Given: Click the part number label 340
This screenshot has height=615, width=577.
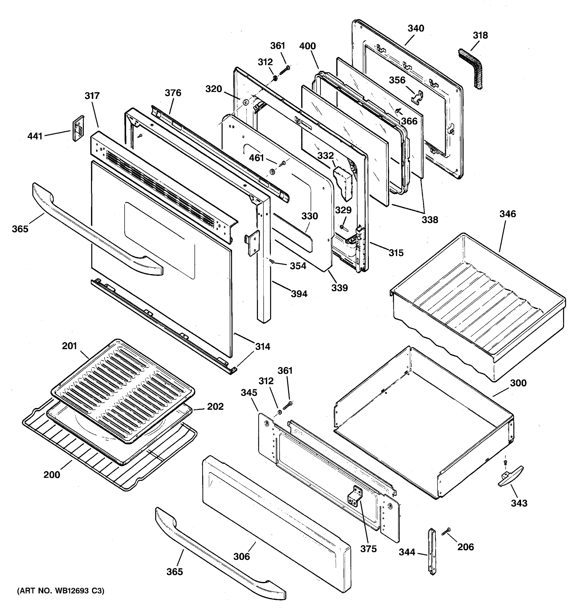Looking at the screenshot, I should point(415,28).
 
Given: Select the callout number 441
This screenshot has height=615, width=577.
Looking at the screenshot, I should point(35,136).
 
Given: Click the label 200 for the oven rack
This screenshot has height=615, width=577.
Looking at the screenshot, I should point(52,475).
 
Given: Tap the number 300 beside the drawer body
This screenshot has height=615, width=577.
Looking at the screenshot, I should point(518,383).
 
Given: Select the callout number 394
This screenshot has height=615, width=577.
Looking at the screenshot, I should point(299,294).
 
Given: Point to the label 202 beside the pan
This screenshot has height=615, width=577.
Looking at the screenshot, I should point(215,406).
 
